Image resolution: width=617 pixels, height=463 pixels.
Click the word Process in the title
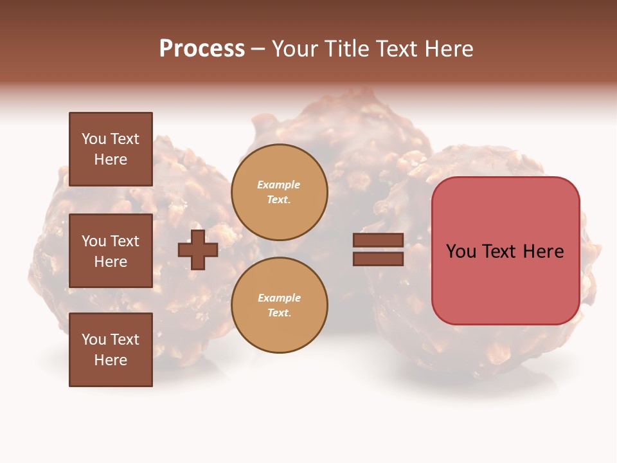click(202, 49)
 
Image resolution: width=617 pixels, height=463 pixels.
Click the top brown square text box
click(111, 149)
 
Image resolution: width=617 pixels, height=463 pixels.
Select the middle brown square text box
click(111, 251)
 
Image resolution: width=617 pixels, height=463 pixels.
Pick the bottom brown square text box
click(111, 349)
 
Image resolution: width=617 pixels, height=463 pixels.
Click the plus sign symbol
click(198, 250)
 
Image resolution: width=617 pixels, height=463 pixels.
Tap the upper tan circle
click(279, 192)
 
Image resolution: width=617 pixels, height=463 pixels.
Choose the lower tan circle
click(279, 305)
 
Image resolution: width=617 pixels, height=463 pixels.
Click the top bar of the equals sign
click(378, 241)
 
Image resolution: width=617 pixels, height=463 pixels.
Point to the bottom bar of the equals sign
click(378, 259)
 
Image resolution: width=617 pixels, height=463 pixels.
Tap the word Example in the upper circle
click(279, 185)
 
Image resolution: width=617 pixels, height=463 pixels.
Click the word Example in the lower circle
click(279, 298)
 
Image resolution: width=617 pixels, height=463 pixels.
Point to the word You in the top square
click(94, 139)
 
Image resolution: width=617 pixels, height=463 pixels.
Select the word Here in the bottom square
click(111, 360)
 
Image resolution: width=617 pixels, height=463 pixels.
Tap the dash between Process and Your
click(258, 49)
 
